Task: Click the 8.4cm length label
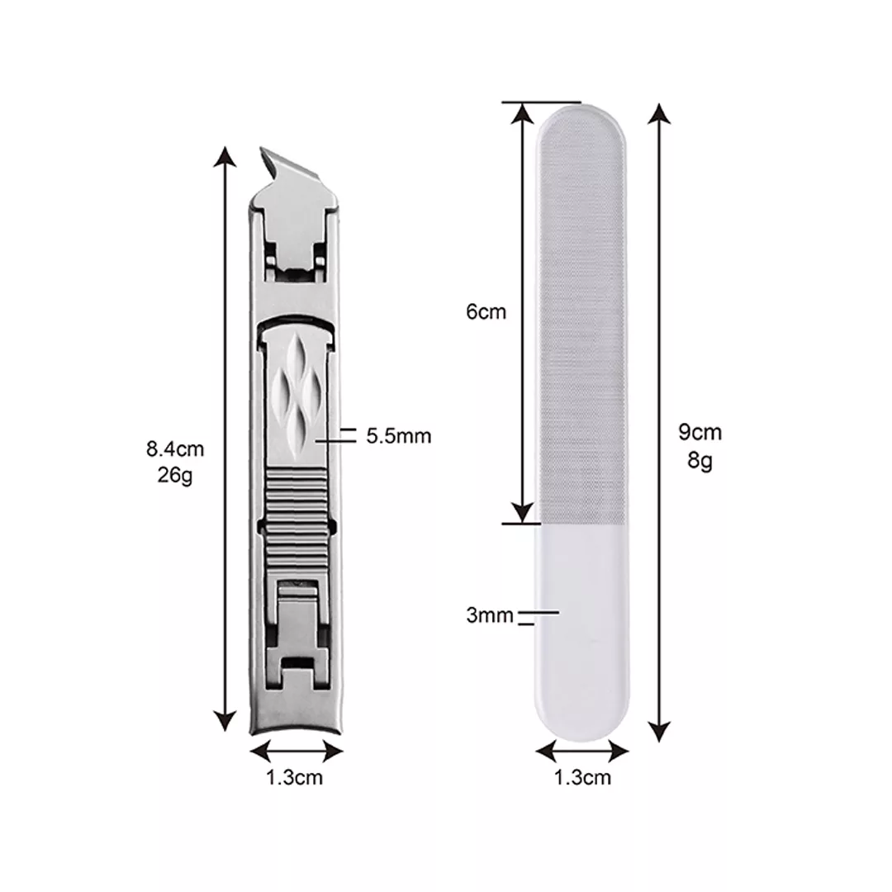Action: (175, 448)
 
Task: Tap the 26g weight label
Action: (175, 474)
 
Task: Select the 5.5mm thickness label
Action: (398, 436)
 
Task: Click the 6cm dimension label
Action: (486, 311)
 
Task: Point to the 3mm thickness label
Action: (490, 615)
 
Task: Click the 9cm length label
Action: (700, 432)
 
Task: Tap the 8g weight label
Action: (700, 460)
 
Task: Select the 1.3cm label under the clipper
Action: (295, 778)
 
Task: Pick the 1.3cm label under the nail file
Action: (582, 778)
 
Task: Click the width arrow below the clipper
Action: (297, 752)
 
